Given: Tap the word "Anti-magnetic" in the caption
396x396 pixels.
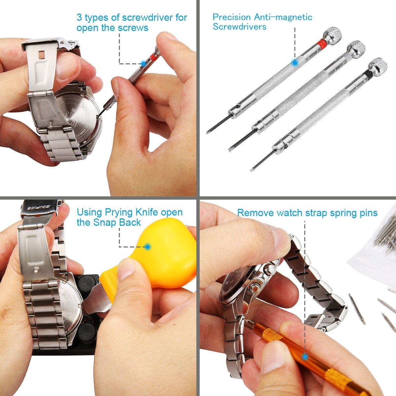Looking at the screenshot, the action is pyautogui.click(x=283, y=17).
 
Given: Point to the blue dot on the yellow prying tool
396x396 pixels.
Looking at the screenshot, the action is pyautogui.click(x=147, y=247).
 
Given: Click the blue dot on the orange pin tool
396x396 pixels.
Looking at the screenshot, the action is pyautogui.click(x=305, y=356).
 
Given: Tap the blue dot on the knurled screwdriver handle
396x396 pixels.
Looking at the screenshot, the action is pyautogui.click(x=295, y=62).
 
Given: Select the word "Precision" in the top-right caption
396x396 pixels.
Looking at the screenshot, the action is pyautogui.click(x=232, y=17).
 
